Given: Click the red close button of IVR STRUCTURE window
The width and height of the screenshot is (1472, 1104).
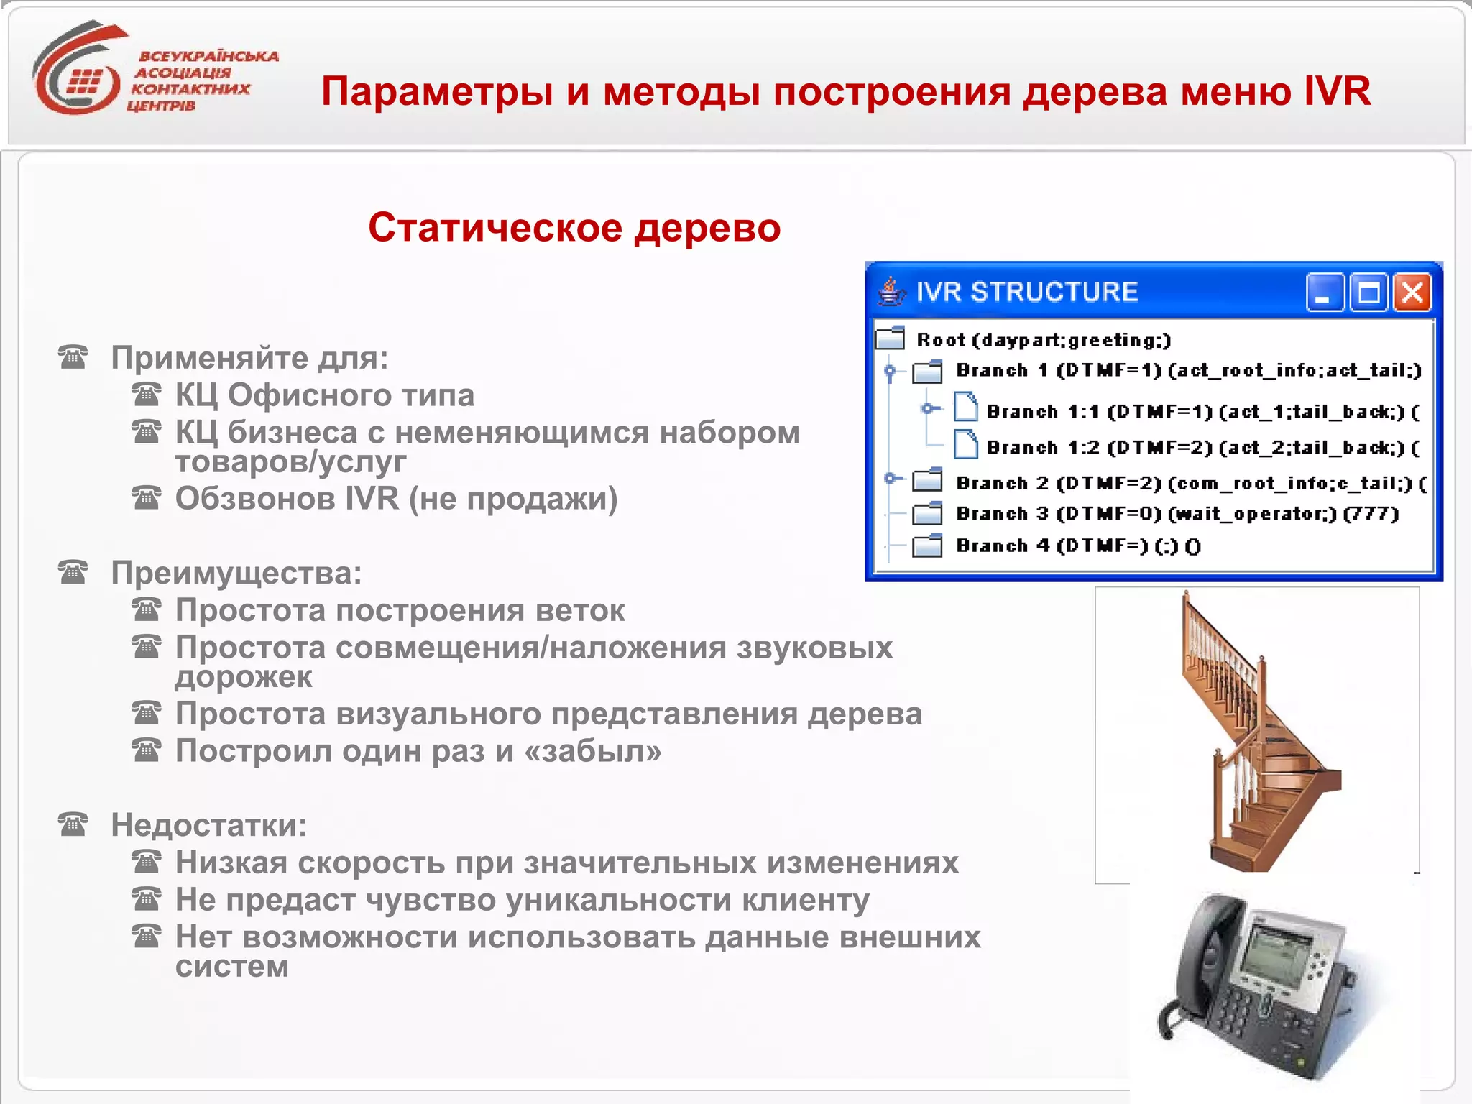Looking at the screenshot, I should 1412,293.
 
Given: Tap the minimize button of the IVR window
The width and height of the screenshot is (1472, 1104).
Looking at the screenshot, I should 1324,293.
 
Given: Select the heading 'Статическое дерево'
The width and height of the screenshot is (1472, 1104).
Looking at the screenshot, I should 574,228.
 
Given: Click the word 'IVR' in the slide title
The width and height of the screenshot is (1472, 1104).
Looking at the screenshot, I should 1337,91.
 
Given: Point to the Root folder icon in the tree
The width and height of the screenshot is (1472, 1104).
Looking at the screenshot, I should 890,338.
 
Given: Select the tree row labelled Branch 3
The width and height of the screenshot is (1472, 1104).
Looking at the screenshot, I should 1177,514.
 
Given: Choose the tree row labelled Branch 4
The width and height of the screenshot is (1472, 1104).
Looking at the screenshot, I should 1078,546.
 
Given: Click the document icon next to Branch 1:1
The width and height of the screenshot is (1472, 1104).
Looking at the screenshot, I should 965,408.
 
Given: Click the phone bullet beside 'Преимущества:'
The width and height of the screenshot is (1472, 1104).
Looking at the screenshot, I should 73,573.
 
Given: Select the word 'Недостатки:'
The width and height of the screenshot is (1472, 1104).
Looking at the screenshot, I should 208,825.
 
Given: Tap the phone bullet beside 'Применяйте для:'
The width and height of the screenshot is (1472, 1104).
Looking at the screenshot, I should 73,357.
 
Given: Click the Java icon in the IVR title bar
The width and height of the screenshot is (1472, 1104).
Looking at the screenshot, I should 891,292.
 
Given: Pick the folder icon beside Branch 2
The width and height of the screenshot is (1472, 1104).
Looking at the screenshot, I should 927,480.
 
